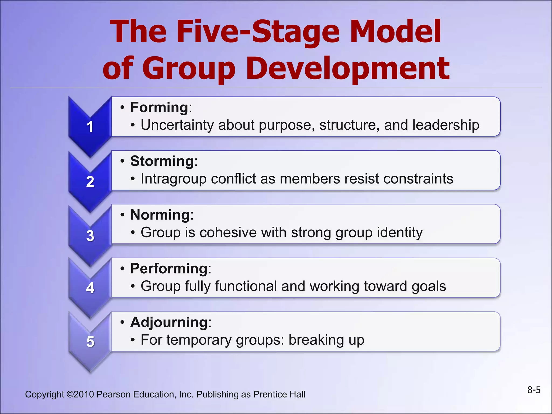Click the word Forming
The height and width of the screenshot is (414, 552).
tap(159, 108)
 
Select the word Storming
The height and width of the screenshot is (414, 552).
tap(162, 161)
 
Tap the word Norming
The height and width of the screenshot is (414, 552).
tap(160, 215)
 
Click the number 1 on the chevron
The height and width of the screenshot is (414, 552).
tap(90, 127)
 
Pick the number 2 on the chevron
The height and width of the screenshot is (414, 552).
tap(90, 182)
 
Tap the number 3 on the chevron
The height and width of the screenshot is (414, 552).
tap(90, 236)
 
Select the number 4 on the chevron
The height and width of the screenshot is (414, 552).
tap(90, 288)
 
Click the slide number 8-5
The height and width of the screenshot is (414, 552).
tap(534, 390)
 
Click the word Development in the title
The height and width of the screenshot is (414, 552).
tap(348, 69)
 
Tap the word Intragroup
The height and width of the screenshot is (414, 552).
tap(173, 179)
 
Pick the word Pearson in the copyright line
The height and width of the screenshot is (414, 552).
tap(113, 394)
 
